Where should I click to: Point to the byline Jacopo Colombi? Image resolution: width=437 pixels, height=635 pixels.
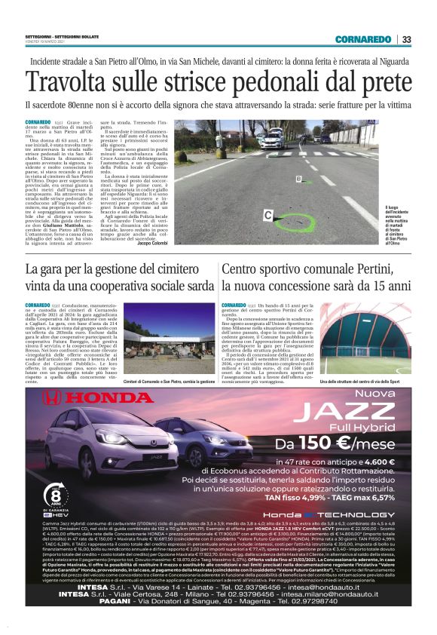click(153, 244)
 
